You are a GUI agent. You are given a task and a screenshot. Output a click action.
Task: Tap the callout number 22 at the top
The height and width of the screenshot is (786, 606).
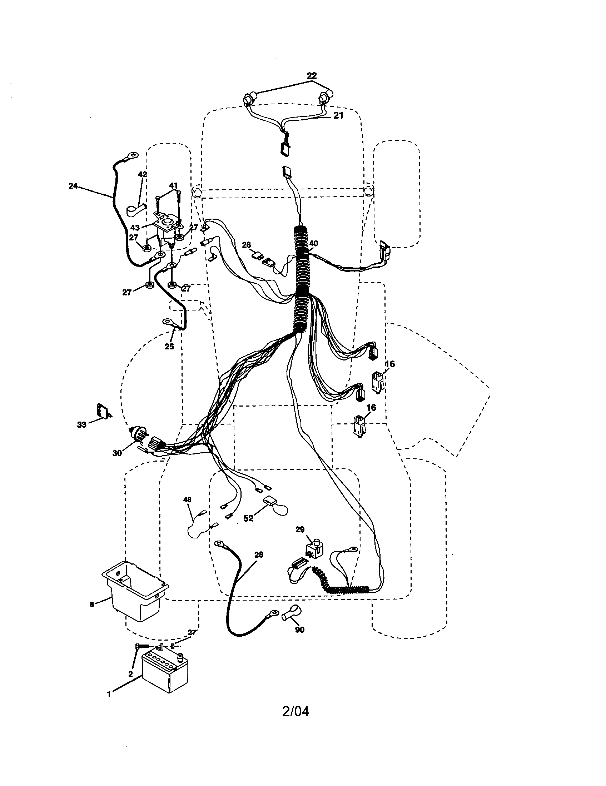[312, 76]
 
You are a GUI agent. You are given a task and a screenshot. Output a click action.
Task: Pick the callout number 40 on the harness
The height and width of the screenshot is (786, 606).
[313, 244]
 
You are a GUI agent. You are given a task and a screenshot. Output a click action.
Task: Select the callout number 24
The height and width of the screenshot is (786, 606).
[73, 186]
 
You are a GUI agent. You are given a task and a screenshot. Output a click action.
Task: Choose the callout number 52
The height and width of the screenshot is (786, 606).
[248, 518]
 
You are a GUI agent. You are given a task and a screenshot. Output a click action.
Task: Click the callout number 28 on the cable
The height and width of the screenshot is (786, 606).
[259, 554]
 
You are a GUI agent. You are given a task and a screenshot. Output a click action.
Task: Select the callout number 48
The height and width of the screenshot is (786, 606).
[187, 499]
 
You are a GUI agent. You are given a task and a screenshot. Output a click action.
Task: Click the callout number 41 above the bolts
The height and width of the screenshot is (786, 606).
[173, 186]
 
